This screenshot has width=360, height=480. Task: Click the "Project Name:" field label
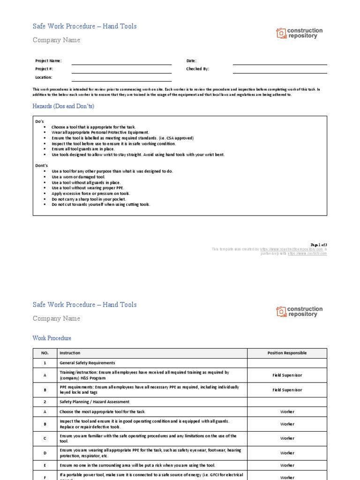tap(48, 61)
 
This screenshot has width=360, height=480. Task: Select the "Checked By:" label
tap(197, 69)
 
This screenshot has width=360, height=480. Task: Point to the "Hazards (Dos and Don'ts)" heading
tap(63, 106)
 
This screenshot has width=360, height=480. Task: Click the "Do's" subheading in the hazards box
tap(40, 121)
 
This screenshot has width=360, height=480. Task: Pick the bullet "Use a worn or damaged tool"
tap(78, 177)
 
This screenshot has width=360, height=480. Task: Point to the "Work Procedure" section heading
tap(52, 338)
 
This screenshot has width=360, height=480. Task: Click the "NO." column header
tap(45, 353)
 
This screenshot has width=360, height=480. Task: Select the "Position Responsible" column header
tap(287, 353)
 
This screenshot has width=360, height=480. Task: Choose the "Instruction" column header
tap(70, 353)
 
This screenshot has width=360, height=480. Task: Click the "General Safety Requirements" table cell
tap(87, 363)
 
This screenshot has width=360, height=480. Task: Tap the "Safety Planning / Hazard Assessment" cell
tap(94, 402)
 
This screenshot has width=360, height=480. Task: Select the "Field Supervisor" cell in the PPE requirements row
tap(287, 390)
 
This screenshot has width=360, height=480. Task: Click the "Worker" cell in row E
tap(287, 465)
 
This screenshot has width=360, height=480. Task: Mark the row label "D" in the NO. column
tap(45, 453)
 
